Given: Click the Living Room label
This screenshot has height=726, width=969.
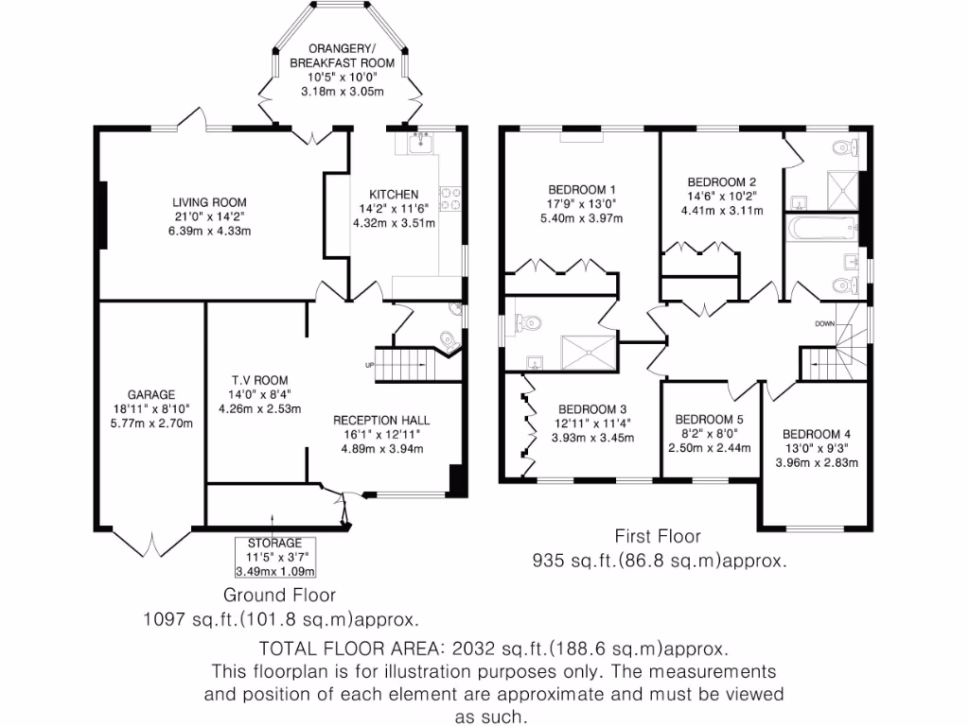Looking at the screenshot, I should (x=209, y=202).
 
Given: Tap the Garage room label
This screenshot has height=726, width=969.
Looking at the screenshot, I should (x=152, y=395).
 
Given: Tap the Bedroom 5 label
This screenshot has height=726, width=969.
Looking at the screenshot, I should (x=709, y=420).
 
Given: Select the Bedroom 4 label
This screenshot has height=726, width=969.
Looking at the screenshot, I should (x=816, y=435).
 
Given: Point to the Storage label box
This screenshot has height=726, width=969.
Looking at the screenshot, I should (x=274, y=557).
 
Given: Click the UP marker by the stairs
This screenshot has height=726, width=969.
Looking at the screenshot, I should (x=370, y=365).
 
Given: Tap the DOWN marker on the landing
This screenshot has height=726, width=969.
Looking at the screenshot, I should (x=824, y=323).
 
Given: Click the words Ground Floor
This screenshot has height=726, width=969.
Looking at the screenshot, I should (x=279, y=595).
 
